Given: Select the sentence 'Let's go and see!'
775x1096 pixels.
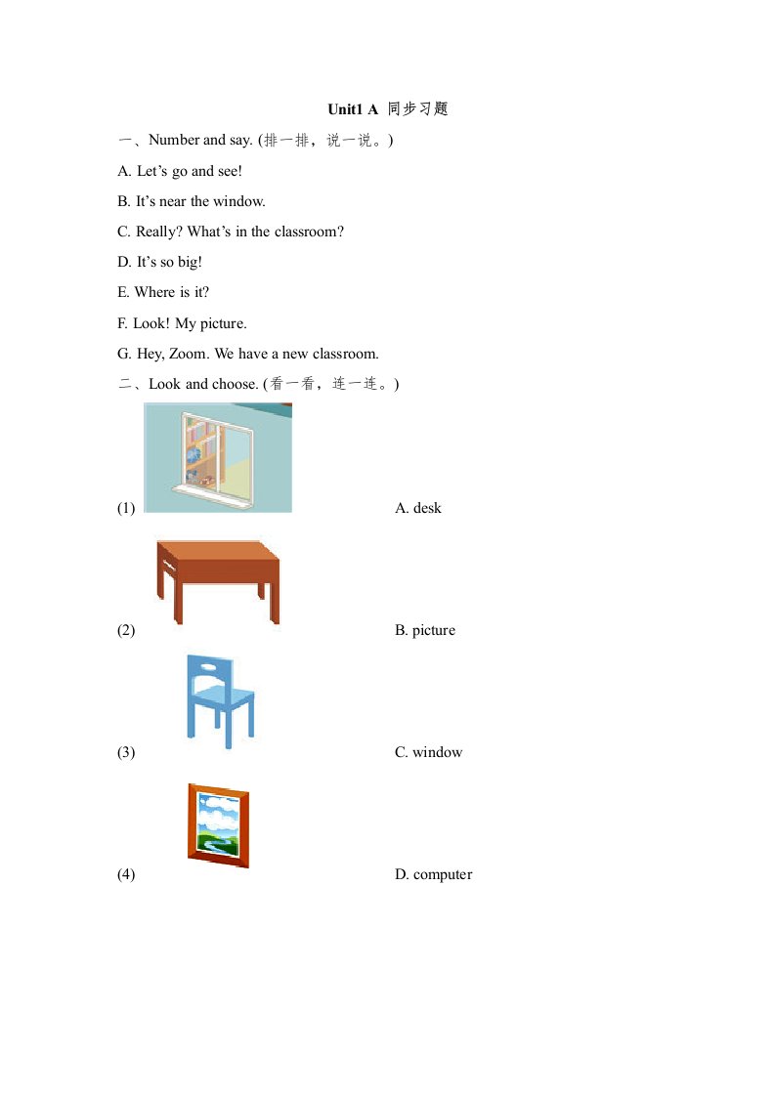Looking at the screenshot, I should (x=180, y=171).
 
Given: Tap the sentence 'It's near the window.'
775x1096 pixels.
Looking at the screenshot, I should (x=192, y=201).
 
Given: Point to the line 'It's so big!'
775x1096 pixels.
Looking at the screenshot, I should (x=160, y=262).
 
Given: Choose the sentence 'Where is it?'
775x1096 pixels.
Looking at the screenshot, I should (x=163, y=292).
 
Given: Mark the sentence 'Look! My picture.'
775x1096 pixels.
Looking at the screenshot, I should (x=182, y=323).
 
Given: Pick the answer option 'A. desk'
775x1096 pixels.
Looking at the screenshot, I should (x=418, y=508).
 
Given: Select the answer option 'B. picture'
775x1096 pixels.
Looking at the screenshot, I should (x=425, y=630).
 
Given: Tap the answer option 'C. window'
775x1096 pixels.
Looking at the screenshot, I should (x=428, y=752).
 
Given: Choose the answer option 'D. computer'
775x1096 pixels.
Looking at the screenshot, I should (x=433, y=874).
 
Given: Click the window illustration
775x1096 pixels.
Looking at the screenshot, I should (x=217, y=457).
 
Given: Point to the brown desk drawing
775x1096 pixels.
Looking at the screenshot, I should (x=218, y=580).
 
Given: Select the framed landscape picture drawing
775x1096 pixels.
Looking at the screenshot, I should (x=218, y=824).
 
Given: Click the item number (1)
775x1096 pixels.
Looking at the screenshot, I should (x=126, y=508).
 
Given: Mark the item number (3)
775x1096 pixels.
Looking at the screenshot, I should (x=126, y=752).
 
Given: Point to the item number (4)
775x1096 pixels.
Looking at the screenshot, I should (x=126, y=874).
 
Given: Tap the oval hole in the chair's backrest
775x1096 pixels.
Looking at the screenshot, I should (x=209, y=668).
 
